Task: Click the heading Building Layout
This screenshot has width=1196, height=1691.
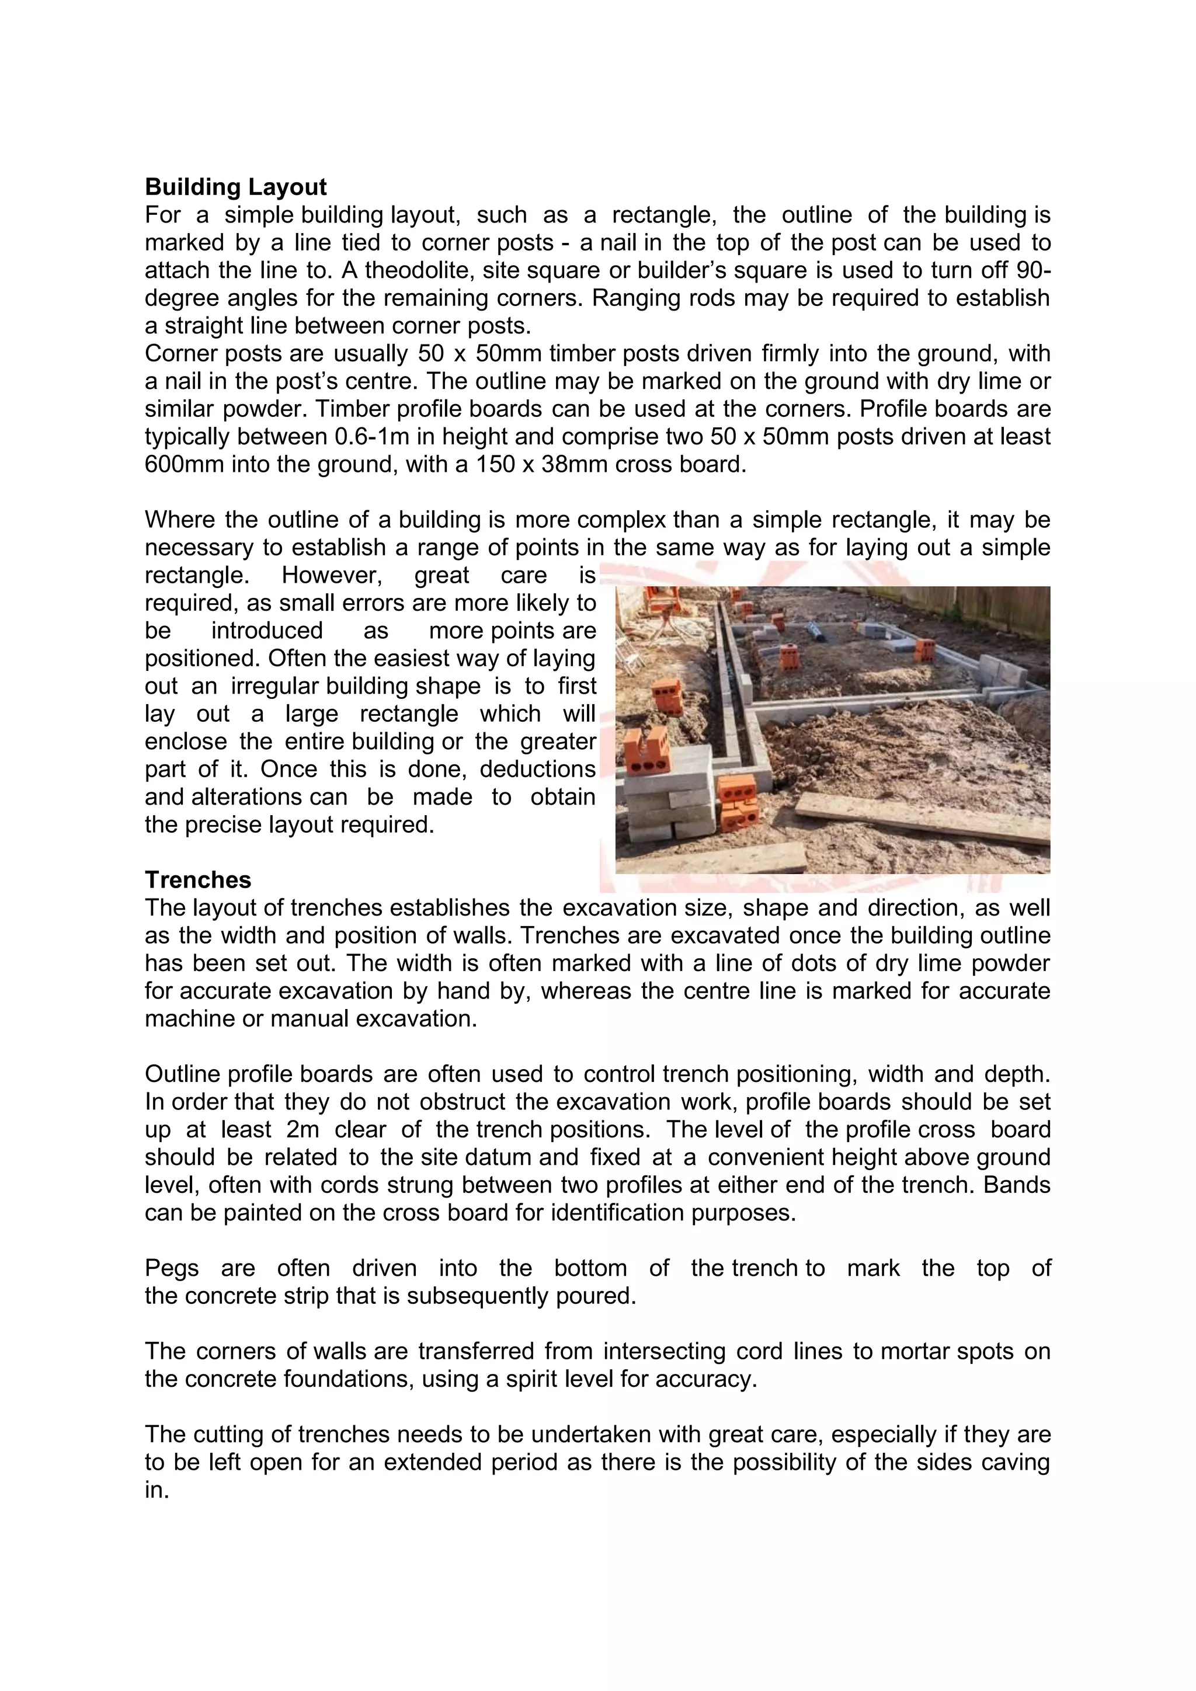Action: tap(236, 187)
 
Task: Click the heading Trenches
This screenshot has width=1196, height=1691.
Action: tap(197, 879)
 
